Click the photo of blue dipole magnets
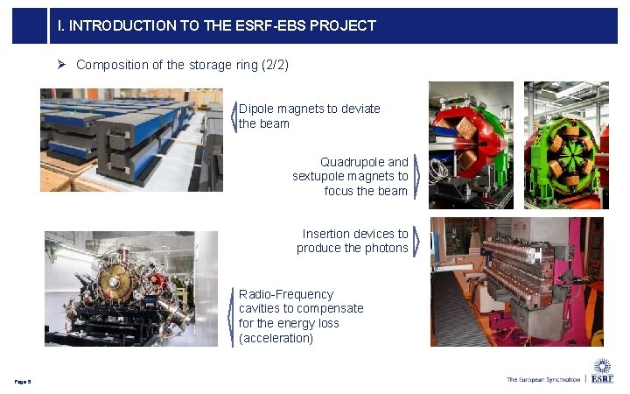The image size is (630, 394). click(x=131, y=140)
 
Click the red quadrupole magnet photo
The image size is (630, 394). click(x=471, y=144)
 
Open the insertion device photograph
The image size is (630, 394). click(x=517, y=282)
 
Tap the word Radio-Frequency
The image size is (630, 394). click(x=286, y=294)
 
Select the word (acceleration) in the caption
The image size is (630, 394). click(x=276, y=338)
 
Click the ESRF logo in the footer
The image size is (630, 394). click(x=602, y=372)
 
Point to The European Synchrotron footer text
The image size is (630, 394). click(x=542, y=379)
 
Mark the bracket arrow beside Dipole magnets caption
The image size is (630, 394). click(x=234, y=116)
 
